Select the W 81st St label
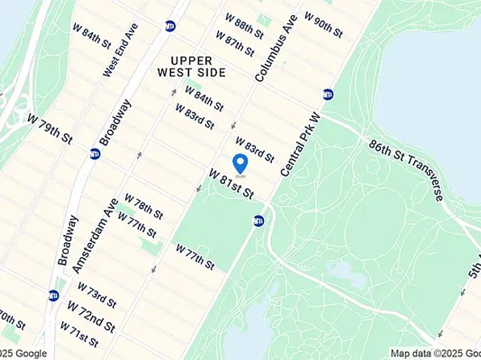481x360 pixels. point(232,184)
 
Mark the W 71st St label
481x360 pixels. point(79,333)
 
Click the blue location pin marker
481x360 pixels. point(240,164)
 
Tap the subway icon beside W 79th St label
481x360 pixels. point(95,153)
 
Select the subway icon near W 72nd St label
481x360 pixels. point(54,295)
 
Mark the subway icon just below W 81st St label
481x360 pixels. point(258,220)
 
